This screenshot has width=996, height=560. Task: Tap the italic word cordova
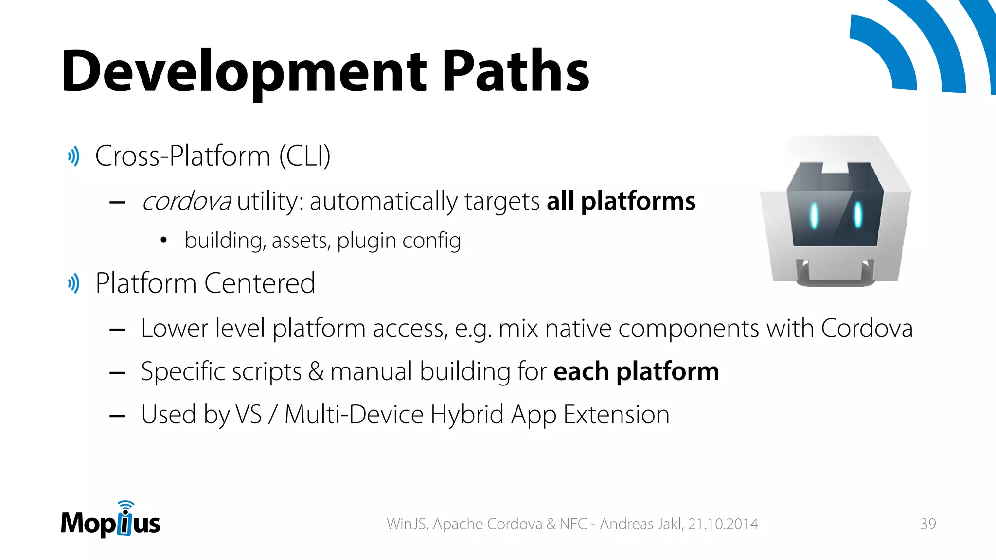(186, 202)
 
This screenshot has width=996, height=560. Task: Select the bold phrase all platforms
(621, 201)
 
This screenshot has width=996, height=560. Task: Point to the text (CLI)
(305, 157)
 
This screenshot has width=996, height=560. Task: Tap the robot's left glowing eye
(814, 216)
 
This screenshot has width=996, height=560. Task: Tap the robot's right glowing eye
(858, 214)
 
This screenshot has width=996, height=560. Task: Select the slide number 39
(928, 524)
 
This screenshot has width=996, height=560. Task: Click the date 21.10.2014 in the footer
(723, 524)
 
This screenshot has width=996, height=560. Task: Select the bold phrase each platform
(636, 372)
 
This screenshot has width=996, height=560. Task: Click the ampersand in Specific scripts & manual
(316, 372)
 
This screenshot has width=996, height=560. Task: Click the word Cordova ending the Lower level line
(867, 329)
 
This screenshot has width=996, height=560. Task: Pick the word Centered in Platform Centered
(260, 283)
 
